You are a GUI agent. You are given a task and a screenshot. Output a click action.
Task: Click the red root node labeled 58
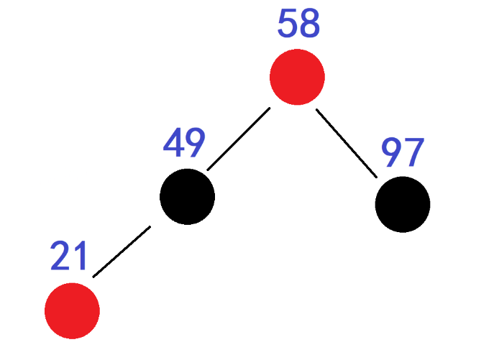tap(297, 77)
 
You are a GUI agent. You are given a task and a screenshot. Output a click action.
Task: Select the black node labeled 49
tap(187, 196)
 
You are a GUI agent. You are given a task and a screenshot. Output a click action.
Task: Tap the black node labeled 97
tap(403, 204)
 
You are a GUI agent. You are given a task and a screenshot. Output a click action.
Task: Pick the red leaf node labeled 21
tap(72, 310)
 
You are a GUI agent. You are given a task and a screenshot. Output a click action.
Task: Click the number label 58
tap(298, 24)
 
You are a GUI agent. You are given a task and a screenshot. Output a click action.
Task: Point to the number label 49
tap(184, 144)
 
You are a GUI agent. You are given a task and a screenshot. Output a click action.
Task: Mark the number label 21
tap(69, 256)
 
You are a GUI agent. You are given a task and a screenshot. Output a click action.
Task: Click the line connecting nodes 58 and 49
tap(238, 139)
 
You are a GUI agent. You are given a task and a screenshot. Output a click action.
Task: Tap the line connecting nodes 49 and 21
tap(121, 251)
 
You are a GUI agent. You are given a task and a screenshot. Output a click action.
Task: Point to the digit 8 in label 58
tap(309, 24)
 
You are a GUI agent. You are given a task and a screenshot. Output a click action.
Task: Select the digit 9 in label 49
tap(196, 144)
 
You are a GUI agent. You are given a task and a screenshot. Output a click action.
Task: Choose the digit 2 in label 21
tap(60, 256)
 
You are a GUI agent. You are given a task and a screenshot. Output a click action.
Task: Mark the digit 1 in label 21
tap(80, 256)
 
